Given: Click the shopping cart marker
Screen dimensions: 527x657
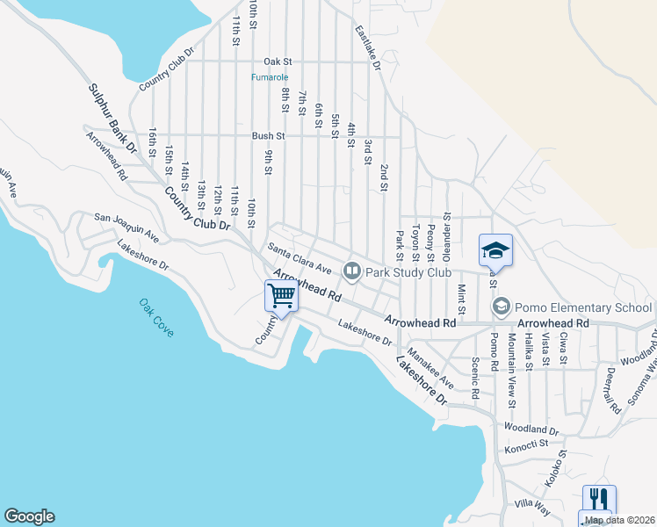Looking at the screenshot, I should click(x=281, y=296).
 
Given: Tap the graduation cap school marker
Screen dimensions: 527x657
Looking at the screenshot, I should click(x=495, y=250).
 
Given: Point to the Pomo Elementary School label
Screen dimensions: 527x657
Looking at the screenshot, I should click(x=582, y=307).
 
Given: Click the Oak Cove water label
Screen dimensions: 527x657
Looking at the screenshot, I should click(x=157, y=317).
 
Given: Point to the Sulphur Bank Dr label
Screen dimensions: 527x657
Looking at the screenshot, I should click(x=113, y=119).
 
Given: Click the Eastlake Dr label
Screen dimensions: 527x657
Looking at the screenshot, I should click(x=367, y=47).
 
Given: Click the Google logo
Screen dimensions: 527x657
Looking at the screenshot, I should click(x=29, y=516).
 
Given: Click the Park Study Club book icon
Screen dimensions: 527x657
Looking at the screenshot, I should click(x=352, y=271).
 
